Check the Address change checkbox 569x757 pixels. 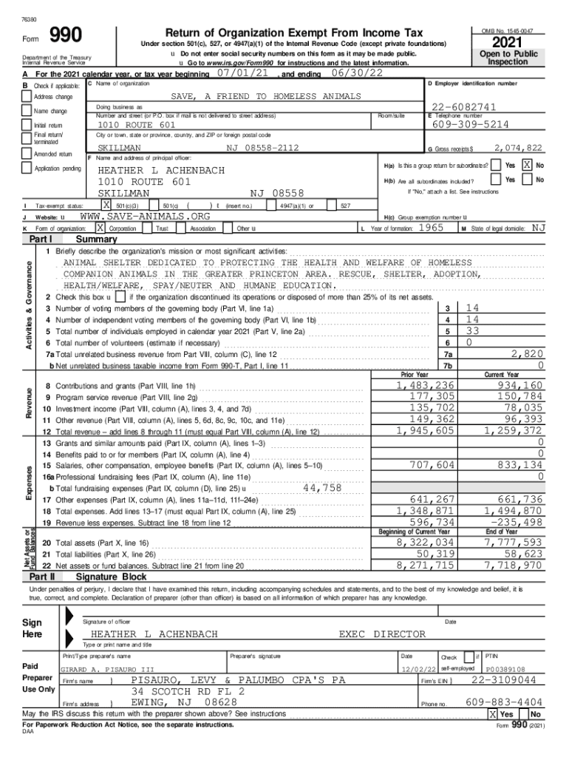27,97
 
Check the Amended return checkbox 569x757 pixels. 27,154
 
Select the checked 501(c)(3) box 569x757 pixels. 107,205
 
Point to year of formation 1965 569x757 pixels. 431,228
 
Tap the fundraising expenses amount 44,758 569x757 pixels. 322,488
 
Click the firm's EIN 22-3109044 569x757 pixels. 504,679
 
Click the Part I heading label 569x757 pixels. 41,240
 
